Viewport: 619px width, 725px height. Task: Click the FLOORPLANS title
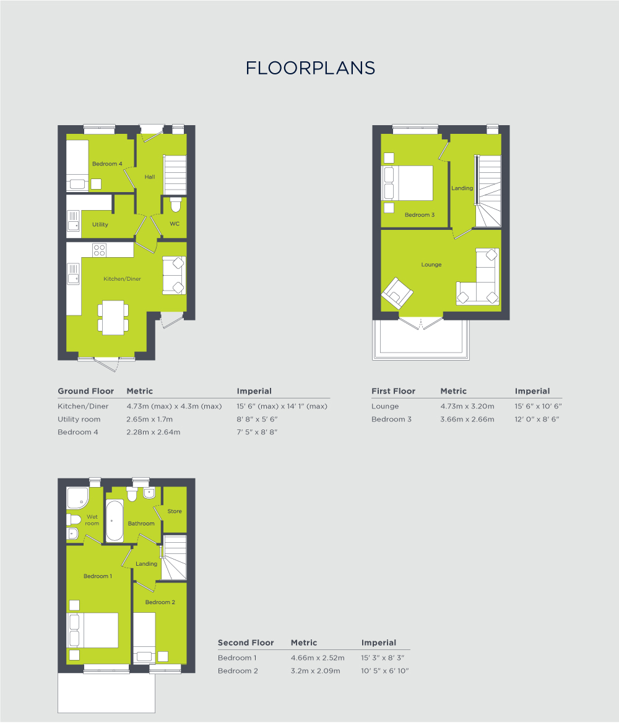click(x=310, y=68)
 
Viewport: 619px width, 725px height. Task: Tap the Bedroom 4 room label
click(x=107, y=164)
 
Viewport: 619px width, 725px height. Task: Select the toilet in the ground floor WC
click(x=175, y=205)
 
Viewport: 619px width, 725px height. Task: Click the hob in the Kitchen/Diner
click(x=99, y=250)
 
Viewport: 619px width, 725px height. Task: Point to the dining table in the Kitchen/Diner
click(x=113, y=317)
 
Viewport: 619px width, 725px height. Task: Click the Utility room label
click(x=100, y=224)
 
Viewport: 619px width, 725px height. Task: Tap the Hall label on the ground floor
click(x=150, y=177)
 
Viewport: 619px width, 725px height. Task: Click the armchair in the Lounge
click(x=397, y=294)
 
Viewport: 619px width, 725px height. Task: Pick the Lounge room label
click(x=431, y=265)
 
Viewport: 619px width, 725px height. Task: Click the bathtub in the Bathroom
click(x=115, y=521)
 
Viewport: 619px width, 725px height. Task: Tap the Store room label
click(x=175, y=511)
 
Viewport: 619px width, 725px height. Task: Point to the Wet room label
click(x=92, y=520)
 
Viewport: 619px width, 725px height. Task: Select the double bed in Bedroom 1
click(x=93, y=630)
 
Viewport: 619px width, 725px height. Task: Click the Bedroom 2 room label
click(x=160, y=602)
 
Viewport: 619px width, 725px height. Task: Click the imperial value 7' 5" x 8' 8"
click(x=257, y=432)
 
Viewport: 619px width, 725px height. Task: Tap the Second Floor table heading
click(x=246, y=643)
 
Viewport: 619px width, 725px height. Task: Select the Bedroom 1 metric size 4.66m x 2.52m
click(x=316, y=657)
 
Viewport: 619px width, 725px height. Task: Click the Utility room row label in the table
click(x=79, y=420)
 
